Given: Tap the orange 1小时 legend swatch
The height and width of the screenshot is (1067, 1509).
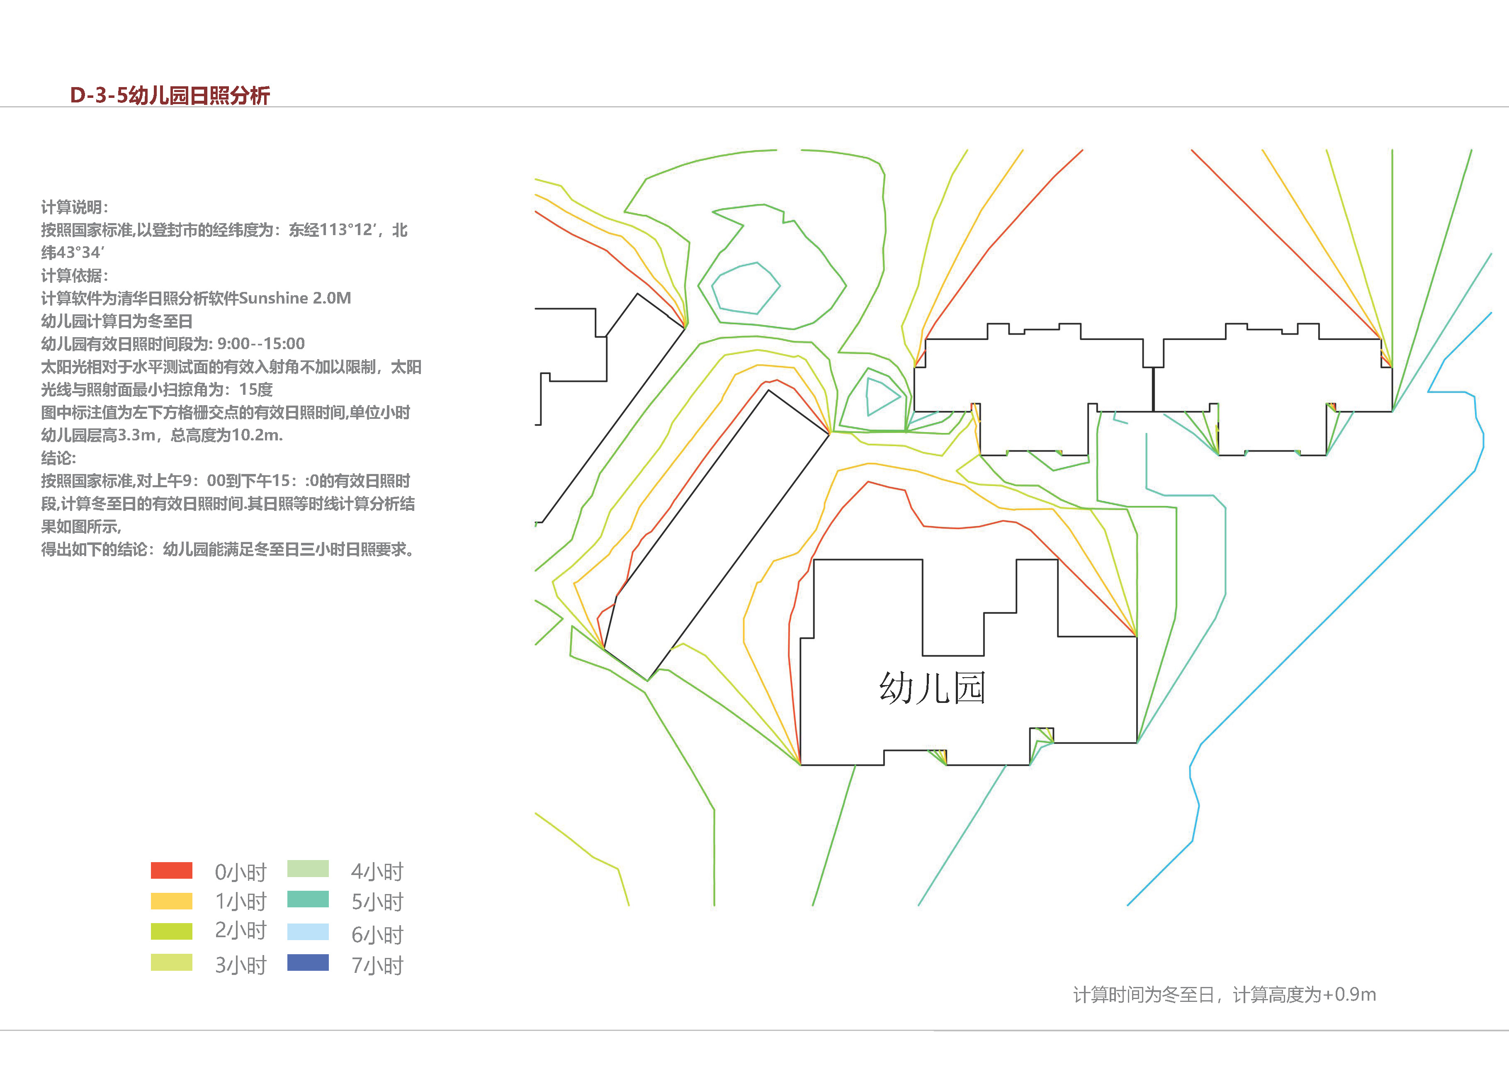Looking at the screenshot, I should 172,901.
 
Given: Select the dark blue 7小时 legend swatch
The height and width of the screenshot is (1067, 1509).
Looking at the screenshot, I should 308,962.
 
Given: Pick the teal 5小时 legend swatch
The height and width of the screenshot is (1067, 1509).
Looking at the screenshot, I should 308,899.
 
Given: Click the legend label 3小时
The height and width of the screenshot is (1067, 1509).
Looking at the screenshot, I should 241,965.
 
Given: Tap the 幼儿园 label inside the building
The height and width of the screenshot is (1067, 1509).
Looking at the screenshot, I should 932,688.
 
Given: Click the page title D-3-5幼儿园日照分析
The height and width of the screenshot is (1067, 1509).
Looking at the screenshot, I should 170,95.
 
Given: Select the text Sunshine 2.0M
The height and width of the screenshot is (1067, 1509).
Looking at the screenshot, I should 295,299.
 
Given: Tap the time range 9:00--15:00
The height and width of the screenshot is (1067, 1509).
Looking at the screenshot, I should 261,344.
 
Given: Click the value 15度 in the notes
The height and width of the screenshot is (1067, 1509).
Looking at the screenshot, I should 256,390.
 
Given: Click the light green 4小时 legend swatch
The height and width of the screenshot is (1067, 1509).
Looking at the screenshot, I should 308,868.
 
